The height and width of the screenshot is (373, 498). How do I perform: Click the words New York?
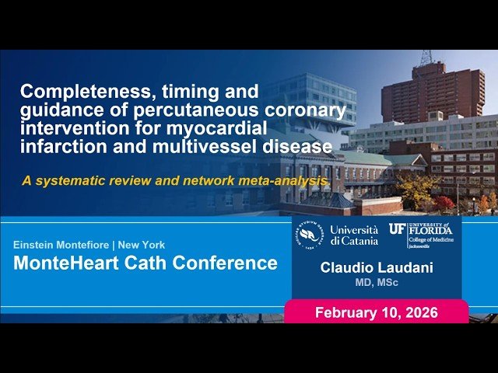(x=147, y=245)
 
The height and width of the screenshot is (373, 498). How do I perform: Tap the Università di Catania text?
(x=354, y=235)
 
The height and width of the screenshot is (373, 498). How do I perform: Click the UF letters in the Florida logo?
(x=397, y=229)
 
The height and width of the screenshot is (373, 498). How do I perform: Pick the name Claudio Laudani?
(x=376, y=268)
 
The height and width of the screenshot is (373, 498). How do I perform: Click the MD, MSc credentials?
(x=376, y=283)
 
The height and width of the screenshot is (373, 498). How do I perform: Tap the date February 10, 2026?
(x=376, y=313)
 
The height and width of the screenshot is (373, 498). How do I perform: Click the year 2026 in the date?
(x=420, y=313)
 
